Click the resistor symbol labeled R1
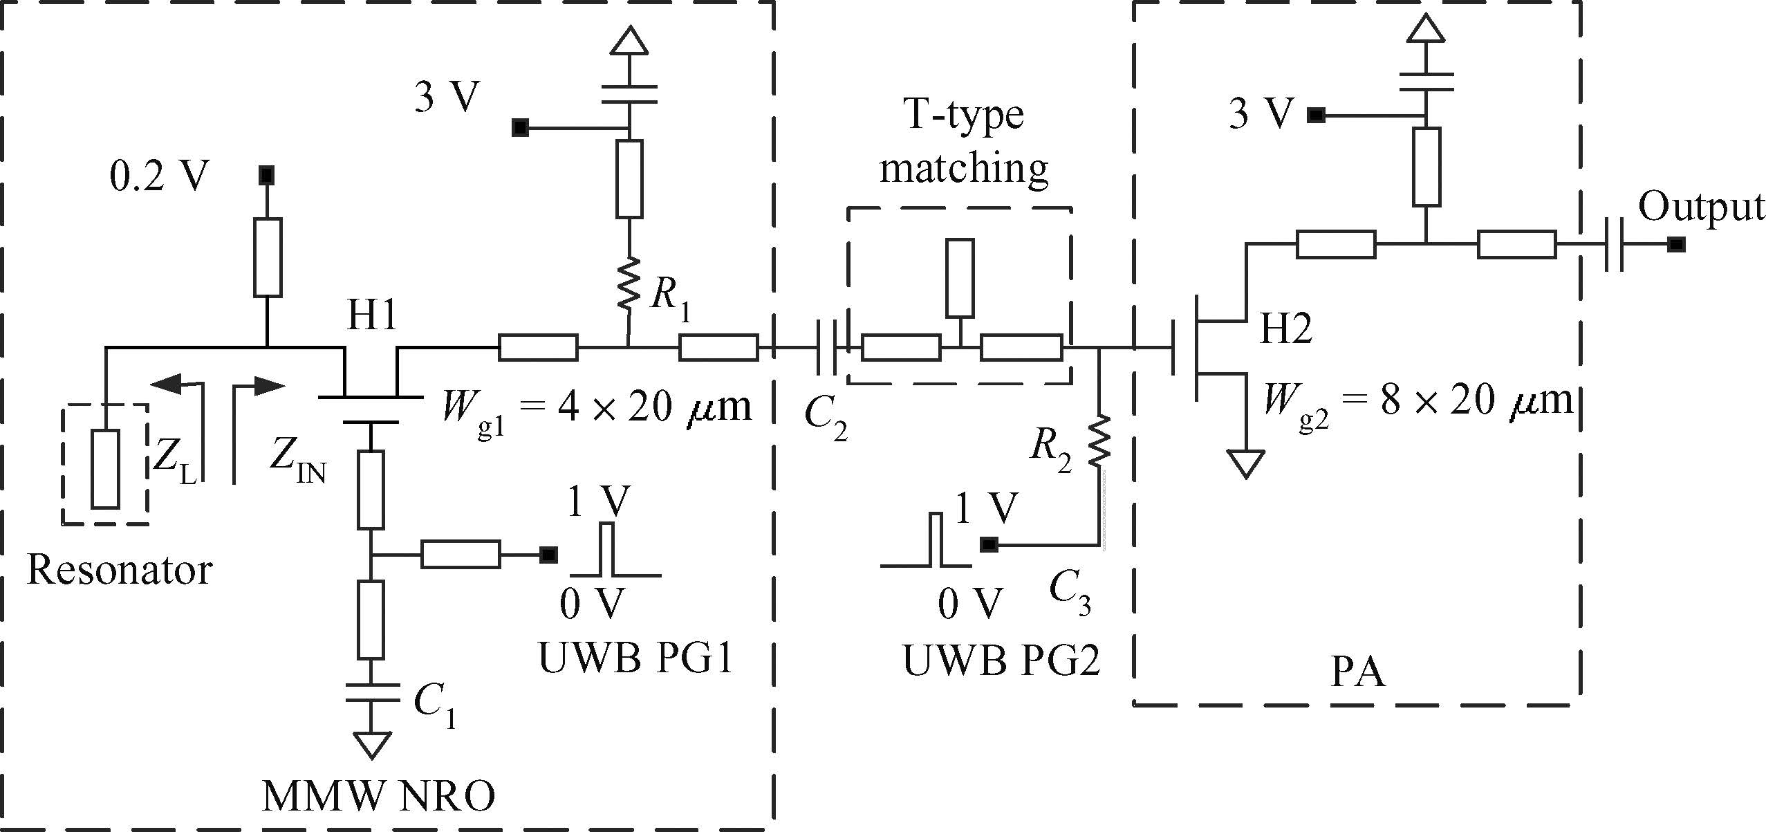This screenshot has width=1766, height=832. pyautogui.click(x=629, y=284)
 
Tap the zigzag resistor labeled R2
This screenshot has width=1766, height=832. pyautogui.click(x=1099, y=440)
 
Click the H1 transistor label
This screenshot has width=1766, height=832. pyautogui.click(x=372, y=315)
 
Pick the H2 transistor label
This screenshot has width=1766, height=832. pyautogui.click(x=1285, y=328)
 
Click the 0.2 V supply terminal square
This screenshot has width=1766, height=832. pyautogui.click(x=266, y=175)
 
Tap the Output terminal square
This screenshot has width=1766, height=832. pyautogui.click(x=1675, y=244)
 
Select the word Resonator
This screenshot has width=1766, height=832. pyautogui.click(x=119, y=571)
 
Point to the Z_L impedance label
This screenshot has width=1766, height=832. pyautogui.click(x=174, y=462)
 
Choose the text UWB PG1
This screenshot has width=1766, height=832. pyautogui.click(x=635, y=658)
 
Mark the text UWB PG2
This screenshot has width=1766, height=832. pyautogui.click(x=1001, y=660)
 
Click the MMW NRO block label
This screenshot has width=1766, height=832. pyautogui.click(x=378, y=796)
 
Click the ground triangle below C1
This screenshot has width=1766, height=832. pyautogui.click(x=371, y=745)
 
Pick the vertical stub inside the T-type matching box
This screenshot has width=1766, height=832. pyautogui.click(x=960, y=278)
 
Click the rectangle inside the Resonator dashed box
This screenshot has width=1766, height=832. pyautogui.click(x=105, y=469)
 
